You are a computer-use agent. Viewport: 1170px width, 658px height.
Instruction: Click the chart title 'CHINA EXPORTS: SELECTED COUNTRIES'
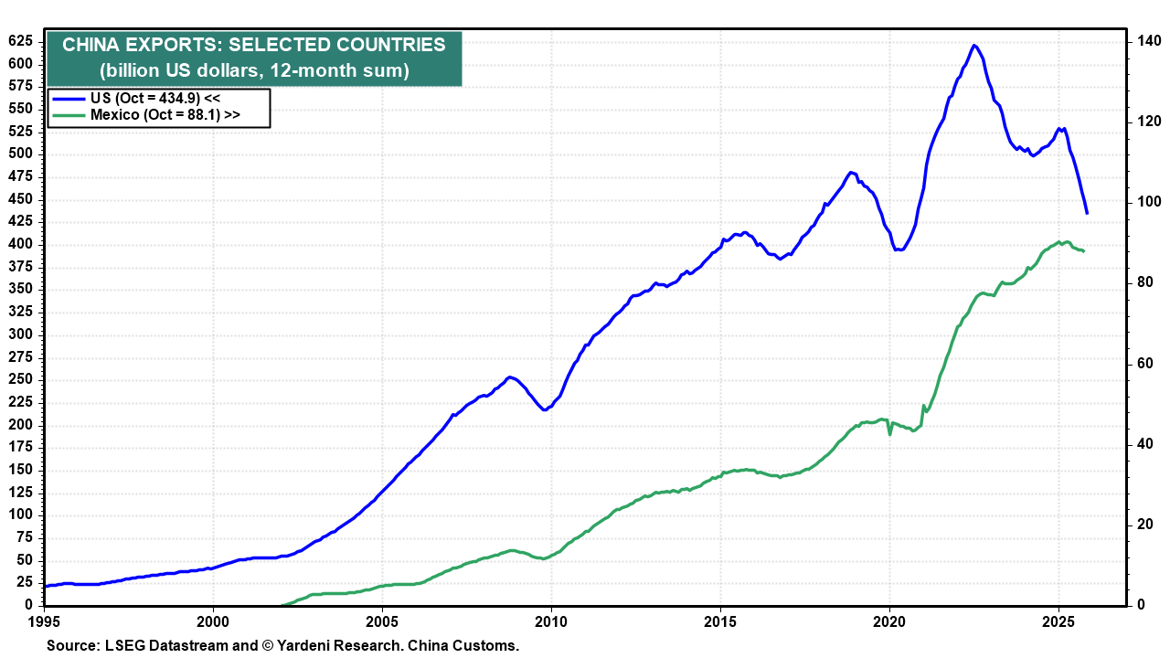click(254, 46)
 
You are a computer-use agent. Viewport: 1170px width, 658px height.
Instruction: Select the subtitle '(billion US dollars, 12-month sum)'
click(254, 70)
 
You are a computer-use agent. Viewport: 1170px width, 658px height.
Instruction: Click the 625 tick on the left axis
click(20, 41)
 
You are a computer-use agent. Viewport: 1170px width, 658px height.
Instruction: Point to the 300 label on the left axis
click(20, 334)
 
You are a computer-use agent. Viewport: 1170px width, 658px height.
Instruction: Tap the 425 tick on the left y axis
click(20, 221)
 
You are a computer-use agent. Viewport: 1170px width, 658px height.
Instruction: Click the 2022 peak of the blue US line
click(974, 45)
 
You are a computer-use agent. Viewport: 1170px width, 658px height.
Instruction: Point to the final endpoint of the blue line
click(1087, 213)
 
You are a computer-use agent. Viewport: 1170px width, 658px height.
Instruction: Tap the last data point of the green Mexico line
click(1083, 250)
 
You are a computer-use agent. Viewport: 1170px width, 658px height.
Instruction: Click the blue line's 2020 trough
click(899, 249)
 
